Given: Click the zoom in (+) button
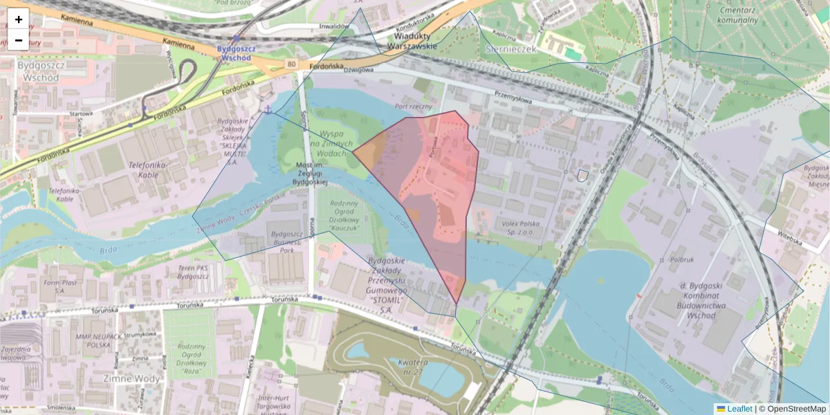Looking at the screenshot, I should coord(19,19).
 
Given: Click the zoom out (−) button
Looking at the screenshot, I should coord(19,40).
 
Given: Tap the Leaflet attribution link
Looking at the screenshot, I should coord(739,409).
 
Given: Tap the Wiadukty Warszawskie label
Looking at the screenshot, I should coord(413,41).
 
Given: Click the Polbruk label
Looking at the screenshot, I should coord(681,260).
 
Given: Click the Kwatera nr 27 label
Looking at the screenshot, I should coord(407,367).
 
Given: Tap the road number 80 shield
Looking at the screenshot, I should coord(292,64).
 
